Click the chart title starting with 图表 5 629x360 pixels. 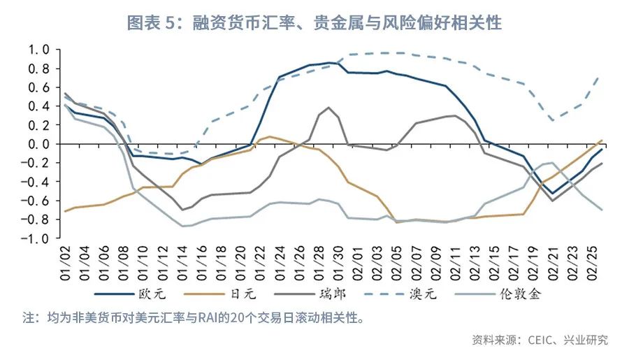click(x=314, y=22)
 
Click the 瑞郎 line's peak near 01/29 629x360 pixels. click(x=328, y=108)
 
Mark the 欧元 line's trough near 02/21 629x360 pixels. click(x=554, y=194)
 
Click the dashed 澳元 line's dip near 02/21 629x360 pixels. click(x=553, y=120)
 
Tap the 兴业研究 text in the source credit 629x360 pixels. click(x=586, y=340)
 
